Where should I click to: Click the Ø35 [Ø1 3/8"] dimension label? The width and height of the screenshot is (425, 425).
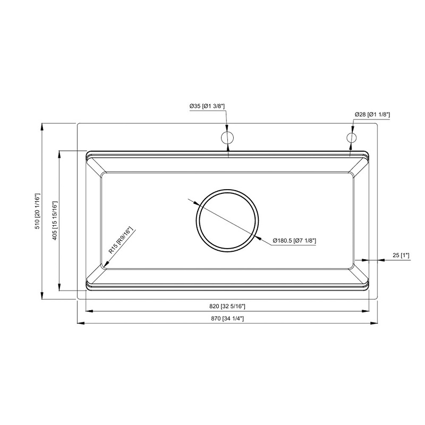click(x=207, y=107)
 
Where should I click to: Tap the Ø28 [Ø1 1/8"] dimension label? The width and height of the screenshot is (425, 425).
click(x=372, y=114)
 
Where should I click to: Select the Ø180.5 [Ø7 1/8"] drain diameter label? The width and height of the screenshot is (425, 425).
click(x=295, y=241)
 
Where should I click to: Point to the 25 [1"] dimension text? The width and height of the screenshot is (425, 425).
click(x=401, y=256)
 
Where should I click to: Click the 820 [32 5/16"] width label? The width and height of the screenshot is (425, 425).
click(x=227, y=307)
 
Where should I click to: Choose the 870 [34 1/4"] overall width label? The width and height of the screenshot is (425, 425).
click(x=227, y=319)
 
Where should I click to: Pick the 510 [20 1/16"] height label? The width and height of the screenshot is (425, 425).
click(x=37, y=211)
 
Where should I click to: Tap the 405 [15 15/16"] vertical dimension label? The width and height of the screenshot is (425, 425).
click(x=55, y=221)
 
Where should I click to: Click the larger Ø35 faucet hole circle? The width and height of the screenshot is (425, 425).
click(x=227, y=138)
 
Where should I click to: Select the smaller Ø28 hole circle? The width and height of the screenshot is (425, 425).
click(x=351, y=138)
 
